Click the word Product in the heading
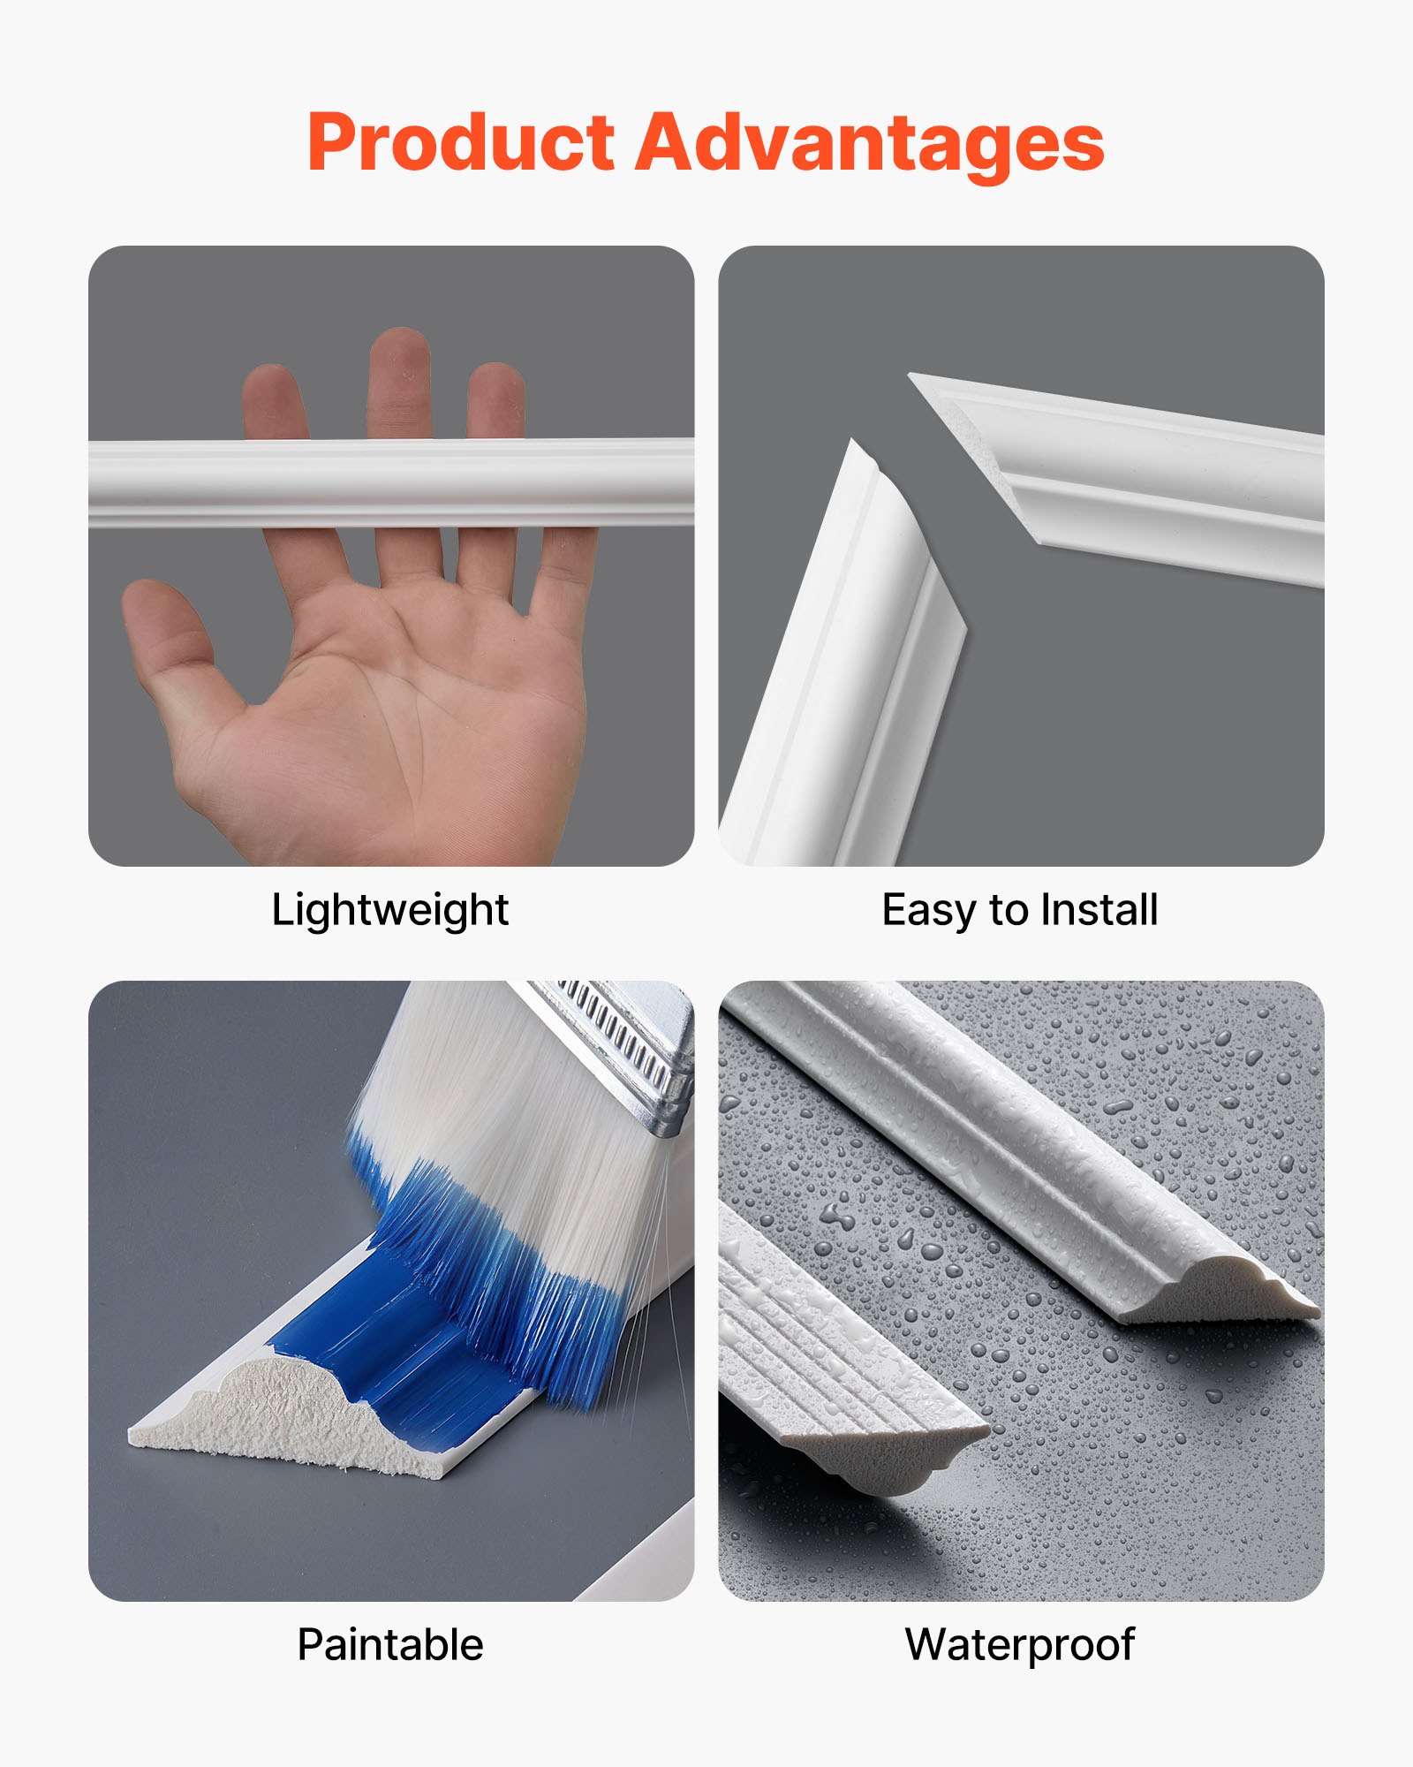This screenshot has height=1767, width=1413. point(460,144)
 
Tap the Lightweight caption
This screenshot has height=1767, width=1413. point(389,910)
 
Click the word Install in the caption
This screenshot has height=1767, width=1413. point(1099,910)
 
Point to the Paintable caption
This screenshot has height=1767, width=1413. point(389,1645)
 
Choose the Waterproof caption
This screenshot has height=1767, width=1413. point(1020,1645)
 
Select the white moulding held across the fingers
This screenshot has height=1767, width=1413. point(389,483)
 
